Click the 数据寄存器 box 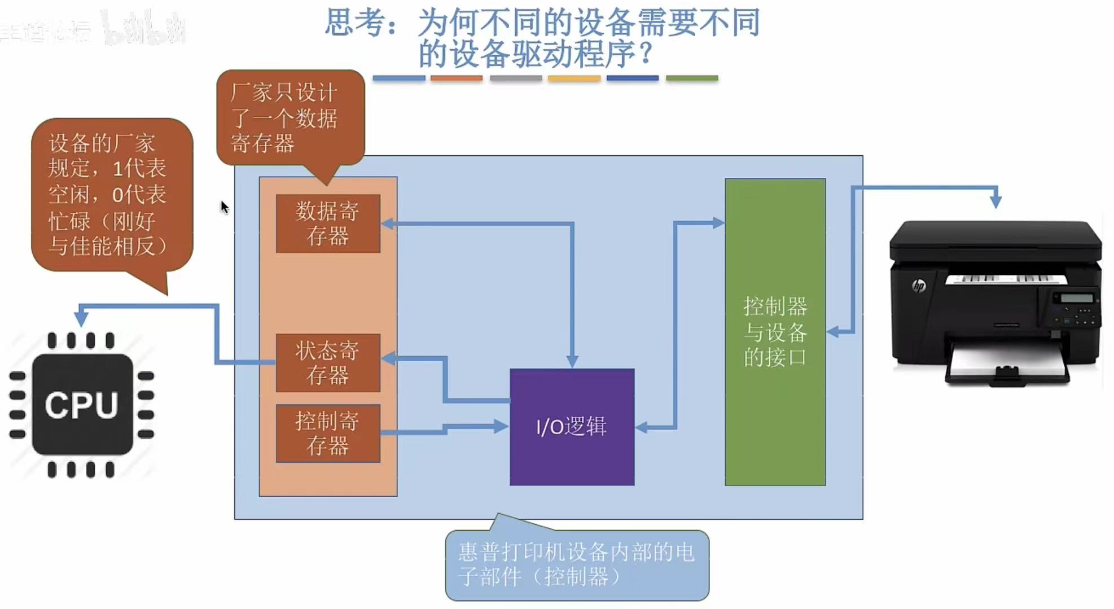pos(328,224)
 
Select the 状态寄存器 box pos(328,362)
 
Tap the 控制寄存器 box pos(328,433)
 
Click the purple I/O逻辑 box pos(572,427)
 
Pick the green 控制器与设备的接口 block pos(775,332)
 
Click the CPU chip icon pos(82,405)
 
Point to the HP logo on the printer pos(919,286)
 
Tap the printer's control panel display pos(1076,299)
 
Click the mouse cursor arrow pos(224,207)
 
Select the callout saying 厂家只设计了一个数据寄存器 pos(290,118)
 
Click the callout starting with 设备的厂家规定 pos(112,195)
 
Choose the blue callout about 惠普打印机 pos(577,565)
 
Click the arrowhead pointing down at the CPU pos(82,319)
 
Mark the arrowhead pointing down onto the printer pos(995,200)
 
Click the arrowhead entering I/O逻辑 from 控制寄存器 pos(501,426)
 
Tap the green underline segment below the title pos(691,78)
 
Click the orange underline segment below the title pos(457,78)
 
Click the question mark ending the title pos(645,54)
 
